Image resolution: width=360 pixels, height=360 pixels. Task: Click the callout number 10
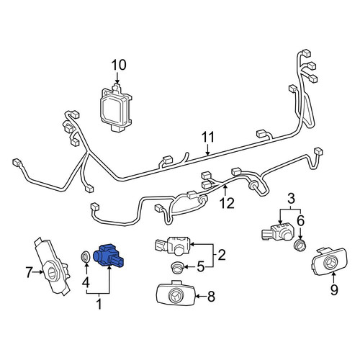[119, 65]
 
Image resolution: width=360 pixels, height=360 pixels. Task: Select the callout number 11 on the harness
[207, 138]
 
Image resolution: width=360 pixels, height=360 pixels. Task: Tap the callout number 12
[227, 203]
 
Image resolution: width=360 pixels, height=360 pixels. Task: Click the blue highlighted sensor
[109, 256]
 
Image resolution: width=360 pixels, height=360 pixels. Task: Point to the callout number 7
[29, 272]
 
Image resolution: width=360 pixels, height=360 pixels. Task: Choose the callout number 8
[211, 297]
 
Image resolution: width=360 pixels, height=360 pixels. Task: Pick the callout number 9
[334, 289]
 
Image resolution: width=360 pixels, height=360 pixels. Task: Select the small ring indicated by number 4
[85, 257]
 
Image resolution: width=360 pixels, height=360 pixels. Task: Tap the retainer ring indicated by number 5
[177, 267]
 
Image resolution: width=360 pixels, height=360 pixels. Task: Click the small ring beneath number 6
[300, 245]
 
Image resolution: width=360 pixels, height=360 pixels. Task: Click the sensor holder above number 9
[329, 262]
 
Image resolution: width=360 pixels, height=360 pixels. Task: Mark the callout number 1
[99, 304]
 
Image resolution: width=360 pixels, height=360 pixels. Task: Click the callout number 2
[222, 255]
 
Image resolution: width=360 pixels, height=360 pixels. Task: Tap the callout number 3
[291, 199]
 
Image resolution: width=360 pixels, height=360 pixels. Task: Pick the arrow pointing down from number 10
[117, 78]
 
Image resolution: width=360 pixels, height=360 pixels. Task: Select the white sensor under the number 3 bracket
[278, 232]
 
